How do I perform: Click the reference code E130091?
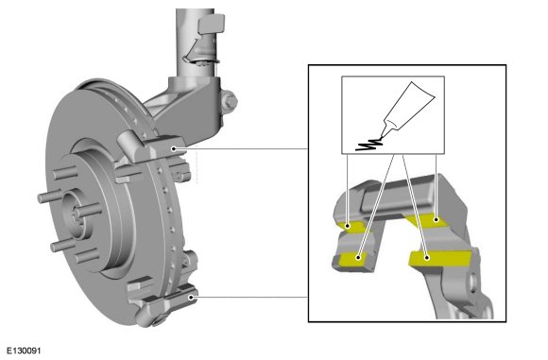coord(24,351)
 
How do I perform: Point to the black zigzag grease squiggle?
coord(368,145)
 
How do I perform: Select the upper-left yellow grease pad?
coord(351,227)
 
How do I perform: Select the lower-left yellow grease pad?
coord(353,259)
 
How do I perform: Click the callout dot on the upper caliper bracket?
coord(174,149)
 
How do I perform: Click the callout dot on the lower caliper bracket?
coord(191,298)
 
